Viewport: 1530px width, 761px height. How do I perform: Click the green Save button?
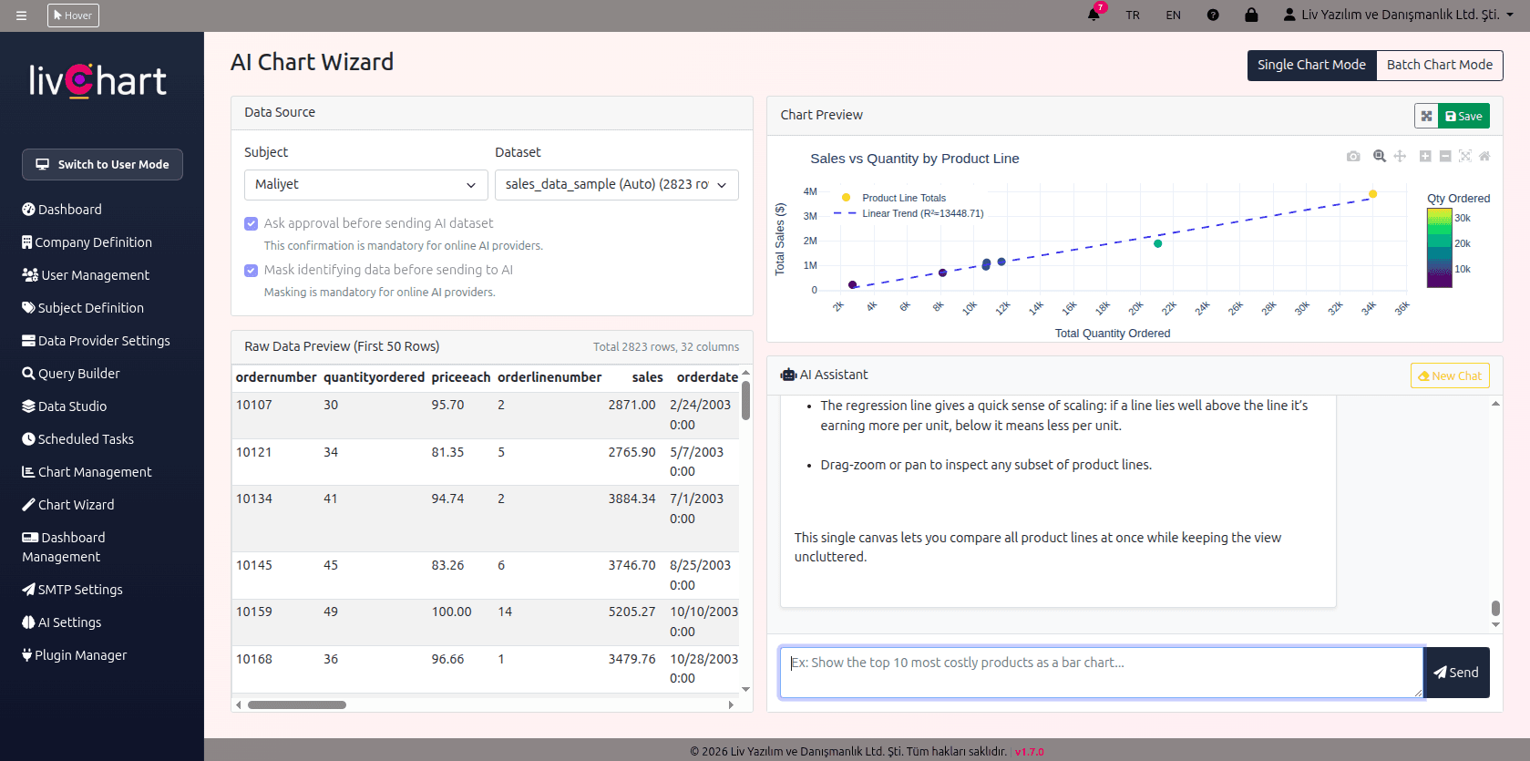(x=1463, y=116)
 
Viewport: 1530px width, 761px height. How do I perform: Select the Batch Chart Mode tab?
(x=1439, y=65)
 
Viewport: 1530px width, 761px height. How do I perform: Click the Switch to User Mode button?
(x=102, y=164)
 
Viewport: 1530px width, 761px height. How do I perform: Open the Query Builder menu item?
(x=78, y=374)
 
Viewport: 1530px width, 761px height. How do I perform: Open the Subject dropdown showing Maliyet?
(x=365, y=184)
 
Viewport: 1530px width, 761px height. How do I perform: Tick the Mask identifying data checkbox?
(x=252, y=270)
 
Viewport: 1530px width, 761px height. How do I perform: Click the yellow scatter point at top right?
(x=1372, y=194)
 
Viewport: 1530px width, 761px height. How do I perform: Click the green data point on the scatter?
(x=1157, y=243)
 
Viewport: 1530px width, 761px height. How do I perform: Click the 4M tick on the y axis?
(x=810, y=191)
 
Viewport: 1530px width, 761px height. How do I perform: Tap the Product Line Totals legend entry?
(x=903, y=198)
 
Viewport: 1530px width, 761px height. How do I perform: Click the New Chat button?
(x=1449, y=375)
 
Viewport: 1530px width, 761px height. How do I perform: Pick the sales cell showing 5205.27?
(x=632, y=612)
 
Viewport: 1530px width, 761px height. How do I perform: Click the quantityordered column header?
(x=374, y=377)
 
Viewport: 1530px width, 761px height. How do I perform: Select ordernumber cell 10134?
(x=254, y=499)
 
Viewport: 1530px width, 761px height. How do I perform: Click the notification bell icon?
(x=1094, y=15)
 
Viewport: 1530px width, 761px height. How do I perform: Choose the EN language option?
(x=1173, y=15)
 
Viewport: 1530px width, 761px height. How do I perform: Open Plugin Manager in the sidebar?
(x=80, y=655)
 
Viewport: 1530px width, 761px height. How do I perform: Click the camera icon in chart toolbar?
(x=1353, y=157)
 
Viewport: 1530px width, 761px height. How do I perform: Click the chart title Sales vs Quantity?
(x=914, y=159)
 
